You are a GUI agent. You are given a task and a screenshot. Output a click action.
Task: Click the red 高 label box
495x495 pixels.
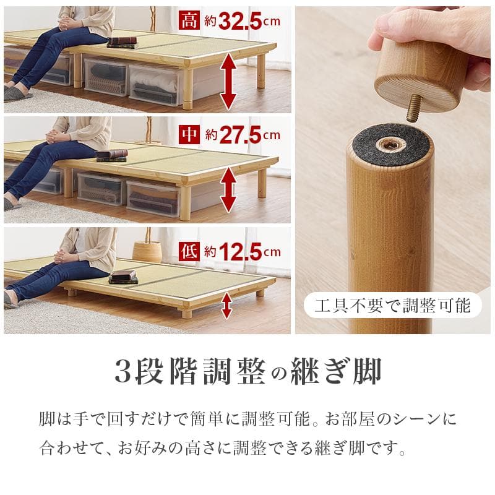tap(189, 22)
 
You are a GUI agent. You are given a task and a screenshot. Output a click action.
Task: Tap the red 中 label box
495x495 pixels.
tap(189, 134)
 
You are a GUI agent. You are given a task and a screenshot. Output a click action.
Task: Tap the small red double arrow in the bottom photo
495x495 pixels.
tap(226, 306)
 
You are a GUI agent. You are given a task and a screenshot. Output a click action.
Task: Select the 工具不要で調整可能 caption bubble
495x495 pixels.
tap(392, 305)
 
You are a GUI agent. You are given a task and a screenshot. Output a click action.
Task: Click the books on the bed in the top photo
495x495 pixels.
tap(121, 42)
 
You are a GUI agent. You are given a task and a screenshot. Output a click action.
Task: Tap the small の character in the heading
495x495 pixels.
tap(279, 373)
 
